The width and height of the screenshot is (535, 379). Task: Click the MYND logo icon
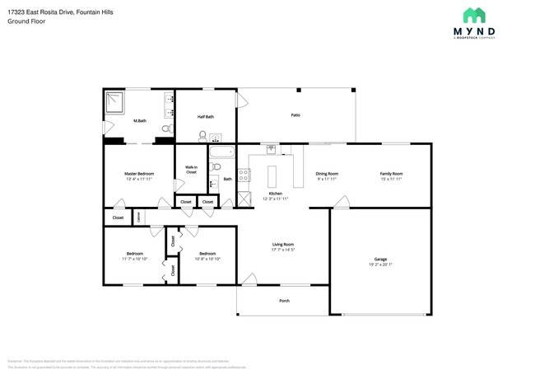coord(474,16)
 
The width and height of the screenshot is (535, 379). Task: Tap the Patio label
coord(295,115)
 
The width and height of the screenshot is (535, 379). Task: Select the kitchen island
coord(272,176)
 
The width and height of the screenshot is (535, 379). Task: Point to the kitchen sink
coord(271,149)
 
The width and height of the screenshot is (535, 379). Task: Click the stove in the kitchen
coord(244,175)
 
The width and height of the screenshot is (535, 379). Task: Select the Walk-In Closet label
coord(191,170)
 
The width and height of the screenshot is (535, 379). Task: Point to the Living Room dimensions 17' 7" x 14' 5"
coord(283,250)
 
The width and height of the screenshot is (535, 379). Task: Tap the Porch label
coord(284,301)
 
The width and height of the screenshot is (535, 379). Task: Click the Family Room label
coord(391,174)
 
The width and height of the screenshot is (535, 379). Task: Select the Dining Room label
coord(327,174)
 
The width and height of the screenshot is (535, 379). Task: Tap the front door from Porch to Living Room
coord(247,280)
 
